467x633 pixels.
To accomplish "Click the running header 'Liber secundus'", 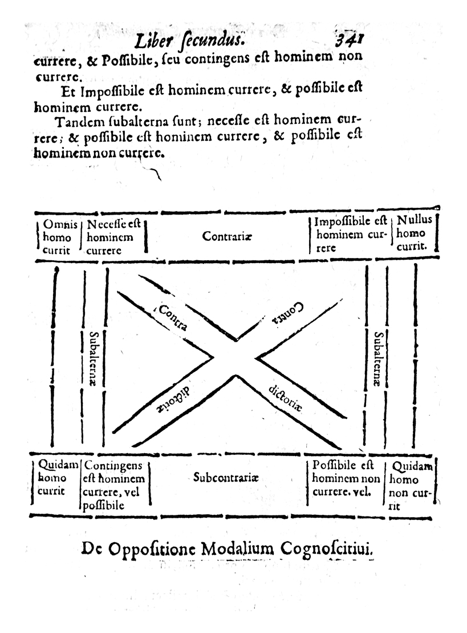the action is pos(189,41).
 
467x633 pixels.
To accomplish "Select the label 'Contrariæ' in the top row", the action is pos(226,236).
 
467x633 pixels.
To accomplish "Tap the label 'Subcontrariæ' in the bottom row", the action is pos(225,478).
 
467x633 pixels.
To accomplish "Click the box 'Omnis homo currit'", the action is pos(57,237).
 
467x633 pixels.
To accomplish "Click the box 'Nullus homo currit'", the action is pos(414,233).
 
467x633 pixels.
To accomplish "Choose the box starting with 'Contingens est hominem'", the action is pos(115,485).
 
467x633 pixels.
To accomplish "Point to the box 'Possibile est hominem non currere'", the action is pos(345,479).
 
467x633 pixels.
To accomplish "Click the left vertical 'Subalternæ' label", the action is pos(93,359).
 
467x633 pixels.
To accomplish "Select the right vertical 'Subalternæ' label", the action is pos(378,359).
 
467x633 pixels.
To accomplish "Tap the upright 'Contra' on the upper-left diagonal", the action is pos(173,318).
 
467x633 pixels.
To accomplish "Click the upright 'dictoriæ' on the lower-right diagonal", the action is pos(285,398).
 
